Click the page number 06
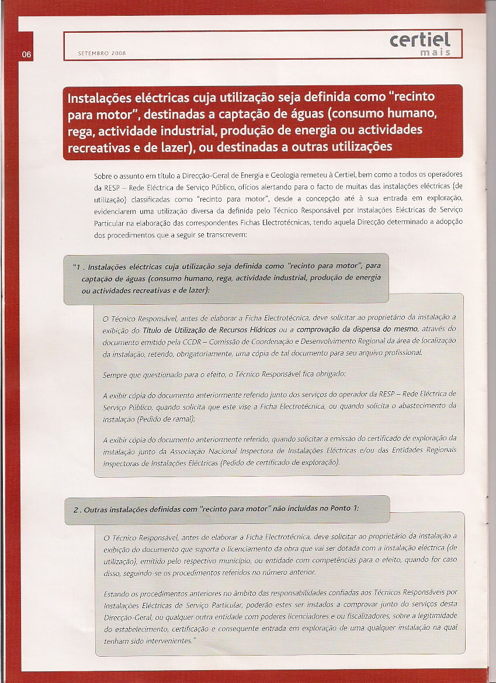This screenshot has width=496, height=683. [26, 54]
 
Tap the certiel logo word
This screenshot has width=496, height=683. [421, 40]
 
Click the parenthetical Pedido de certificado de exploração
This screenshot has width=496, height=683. [279, 462]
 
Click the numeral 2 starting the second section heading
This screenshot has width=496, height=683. [76, 510]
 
